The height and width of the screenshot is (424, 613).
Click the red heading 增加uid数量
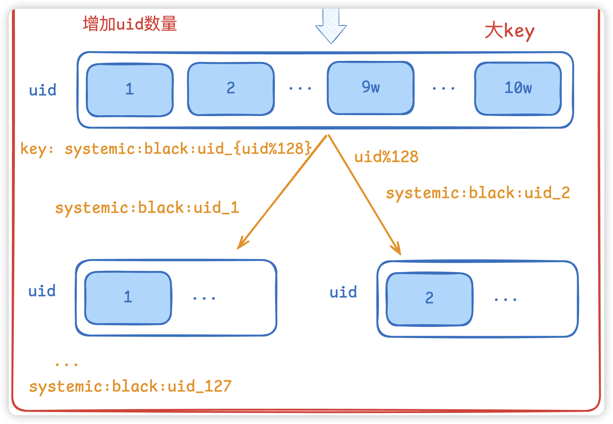coord(130,24)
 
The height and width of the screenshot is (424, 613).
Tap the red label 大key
coord(509,31)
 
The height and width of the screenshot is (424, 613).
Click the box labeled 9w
coord(370,88)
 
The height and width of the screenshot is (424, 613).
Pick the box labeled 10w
coord(518,88)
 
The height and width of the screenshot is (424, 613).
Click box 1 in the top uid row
coord(130,90)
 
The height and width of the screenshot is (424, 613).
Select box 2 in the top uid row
coord(230,89)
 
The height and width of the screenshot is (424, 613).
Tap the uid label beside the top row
coord(43,90)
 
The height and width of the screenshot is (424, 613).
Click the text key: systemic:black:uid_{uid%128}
coord(166,149)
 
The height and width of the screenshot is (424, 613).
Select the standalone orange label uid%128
coord(386,157)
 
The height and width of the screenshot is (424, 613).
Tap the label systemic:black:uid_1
coord(147,208)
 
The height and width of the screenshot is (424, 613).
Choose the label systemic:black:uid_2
coord(478,193)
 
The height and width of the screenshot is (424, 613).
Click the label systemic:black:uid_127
coord(130,386)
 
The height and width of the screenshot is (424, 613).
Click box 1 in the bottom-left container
coord(128,298)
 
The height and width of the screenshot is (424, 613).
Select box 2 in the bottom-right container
coord(429,299)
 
